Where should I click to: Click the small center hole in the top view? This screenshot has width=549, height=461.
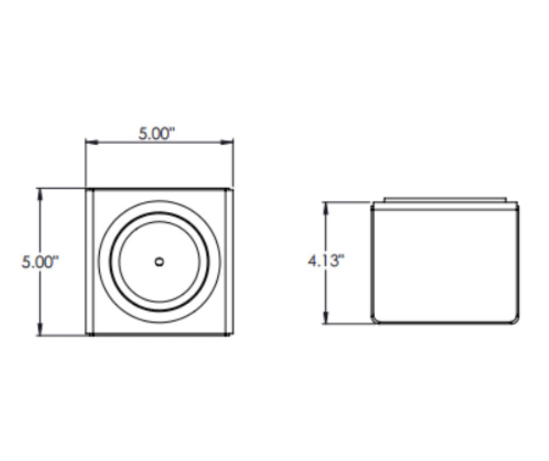tap(159, 262)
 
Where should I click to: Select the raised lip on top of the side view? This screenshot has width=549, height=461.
tap(445, 200)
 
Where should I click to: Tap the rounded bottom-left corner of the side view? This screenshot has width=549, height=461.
tap(375, 319)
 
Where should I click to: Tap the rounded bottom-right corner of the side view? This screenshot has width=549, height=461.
tap(515, 319)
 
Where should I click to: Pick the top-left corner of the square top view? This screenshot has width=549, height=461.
tap(86, 189)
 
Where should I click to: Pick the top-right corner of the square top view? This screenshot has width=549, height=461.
tap(232, 189)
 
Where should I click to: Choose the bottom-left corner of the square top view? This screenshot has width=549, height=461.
tap(86, 335)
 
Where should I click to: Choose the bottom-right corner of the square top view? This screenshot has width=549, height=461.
tap(232, 335)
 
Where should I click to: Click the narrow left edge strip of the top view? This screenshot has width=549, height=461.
tap(90, 262)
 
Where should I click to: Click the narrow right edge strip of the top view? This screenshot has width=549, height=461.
tap(229, 262)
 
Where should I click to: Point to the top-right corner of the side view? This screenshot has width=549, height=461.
tap(517, 204)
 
